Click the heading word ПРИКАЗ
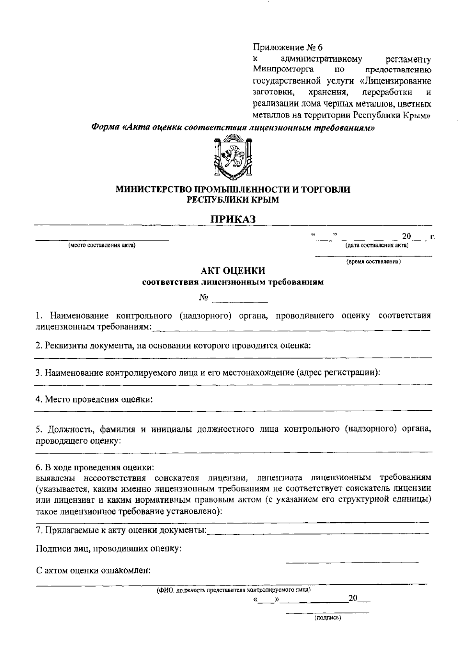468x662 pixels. (233, 219)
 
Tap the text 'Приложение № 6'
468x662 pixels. (288, 48)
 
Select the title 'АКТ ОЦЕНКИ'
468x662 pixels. (233, 270)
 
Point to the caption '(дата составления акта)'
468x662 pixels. (377, 246)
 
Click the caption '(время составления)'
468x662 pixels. (374, 262)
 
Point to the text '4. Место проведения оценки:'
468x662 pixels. (94, 399)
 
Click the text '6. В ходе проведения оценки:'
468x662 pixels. (94, 467)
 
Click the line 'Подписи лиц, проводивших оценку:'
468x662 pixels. (108, 549)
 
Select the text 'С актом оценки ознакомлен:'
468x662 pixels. (93, 571)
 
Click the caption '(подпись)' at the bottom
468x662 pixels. (328, 618)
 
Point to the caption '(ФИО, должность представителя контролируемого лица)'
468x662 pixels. (233, 590)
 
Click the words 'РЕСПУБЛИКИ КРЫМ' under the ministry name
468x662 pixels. (233, 200)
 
